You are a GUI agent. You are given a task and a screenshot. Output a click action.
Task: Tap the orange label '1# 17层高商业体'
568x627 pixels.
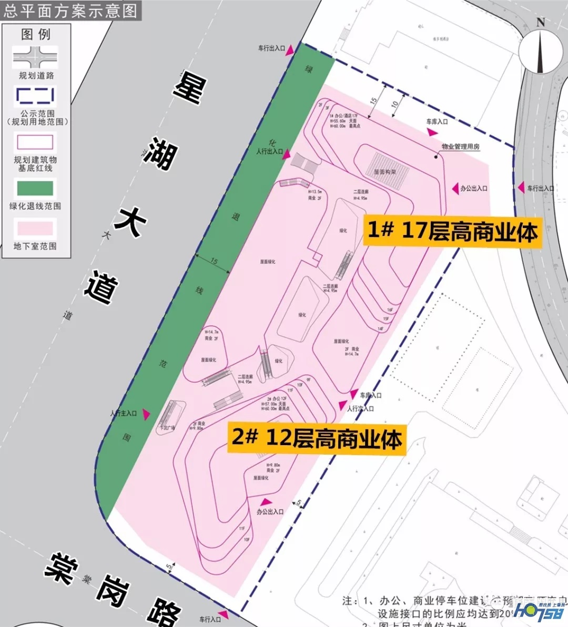pos(453,231)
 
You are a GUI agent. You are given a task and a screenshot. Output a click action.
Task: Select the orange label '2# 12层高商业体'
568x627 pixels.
pos(317,438)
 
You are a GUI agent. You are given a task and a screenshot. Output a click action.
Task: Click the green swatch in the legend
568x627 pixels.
pos(35,188)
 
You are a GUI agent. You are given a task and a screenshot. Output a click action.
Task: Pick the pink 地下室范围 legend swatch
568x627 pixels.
pos(35,228)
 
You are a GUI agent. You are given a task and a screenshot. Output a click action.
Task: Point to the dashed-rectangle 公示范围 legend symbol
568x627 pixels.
pos(35,96)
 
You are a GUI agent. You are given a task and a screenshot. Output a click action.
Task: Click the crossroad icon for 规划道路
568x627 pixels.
pos(35,57)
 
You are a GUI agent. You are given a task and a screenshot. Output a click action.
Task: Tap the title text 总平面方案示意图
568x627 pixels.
pos(70,10)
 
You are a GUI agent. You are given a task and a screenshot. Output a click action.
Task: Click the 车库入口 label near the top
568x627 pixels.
pos(437,121)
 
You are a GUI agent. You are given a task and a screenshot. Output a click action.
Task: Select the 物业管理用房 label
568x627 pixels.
pos(460,147)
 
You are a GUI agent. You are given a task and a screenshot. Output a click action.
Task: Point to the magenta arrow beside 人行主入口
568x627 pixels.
pos(146,414)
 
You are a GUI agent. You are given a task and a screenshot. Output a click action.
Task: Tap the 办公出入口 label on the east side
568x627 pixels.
pos(473,188)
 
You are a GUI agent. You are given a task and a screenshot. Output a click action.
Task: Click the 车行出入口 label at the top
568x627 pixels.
pos(271,48)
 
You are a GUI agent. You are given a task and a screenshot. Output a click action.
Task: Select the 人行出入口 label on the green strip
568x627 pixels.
pos(269,151)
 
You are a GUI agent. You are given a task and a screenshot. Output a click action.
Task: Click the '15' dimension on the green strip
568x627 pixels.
pos(214,261)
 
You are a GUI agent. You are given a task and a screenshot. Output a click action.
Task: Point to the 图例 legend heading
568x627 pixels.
pos(35,34)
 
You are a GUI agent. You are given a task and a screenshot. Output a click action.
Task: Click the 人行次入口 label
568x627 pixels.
pos(360,408)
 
